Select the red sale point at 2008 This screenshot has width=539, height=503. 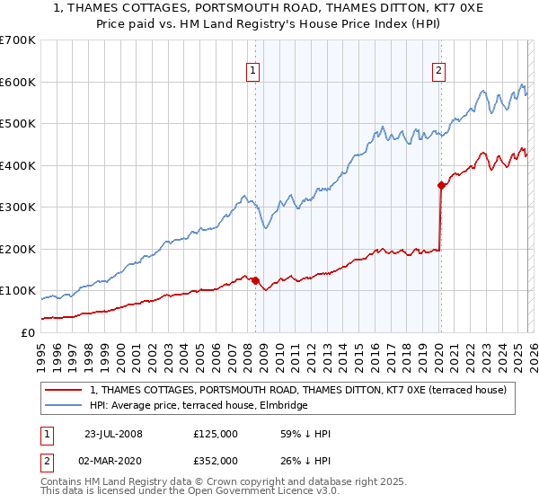click(x=255, y=280)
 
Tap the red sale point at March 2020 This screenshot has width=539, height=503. click(x=441, y=185)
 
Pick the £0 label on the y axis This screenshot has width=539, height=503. click(x=27, y=332)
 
